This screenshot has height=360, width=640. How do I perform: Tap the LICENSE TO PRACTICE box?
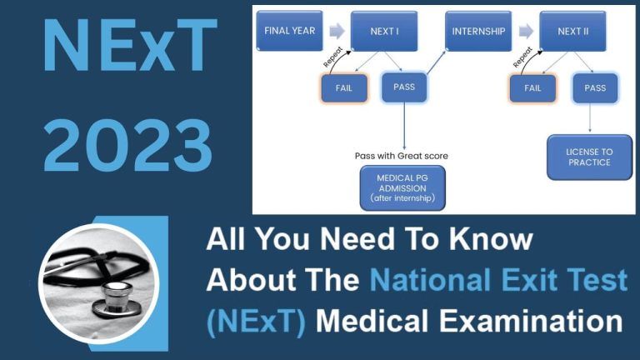pyautogui.click(x=589, y=156)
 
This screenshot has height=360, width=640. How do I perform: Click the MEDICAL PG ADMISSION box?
pyautogui.click(x=402, y=188)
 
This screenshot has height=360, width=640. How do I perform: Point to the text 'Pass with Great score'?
pyautogui.click(x=402, y=155)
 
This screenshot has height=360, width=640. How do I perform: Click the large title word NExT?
pyautogui.click(x=125, y=48)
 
